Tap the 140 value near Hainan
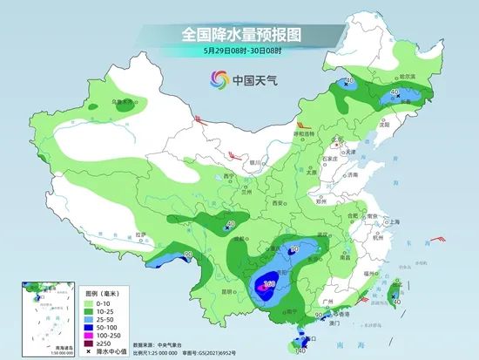[x=300, y=351]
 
